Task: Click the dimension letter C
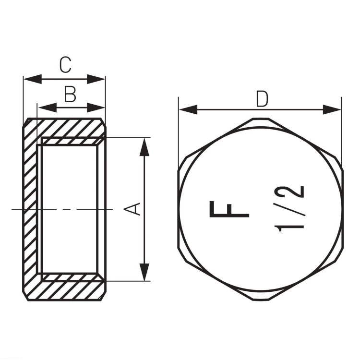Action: (65, 65)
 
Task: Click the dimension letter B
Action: (70, 95)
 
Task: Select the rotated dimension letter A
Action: (132, 209)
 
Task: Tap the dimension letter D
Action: (262, 99)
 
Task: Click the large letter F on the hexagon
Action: (229, 209)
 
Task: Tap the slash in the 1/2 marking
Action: (289, 209)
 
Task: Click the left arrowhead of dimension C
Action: (33, 79)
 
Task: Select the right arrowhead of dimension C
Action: (96, 79)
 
